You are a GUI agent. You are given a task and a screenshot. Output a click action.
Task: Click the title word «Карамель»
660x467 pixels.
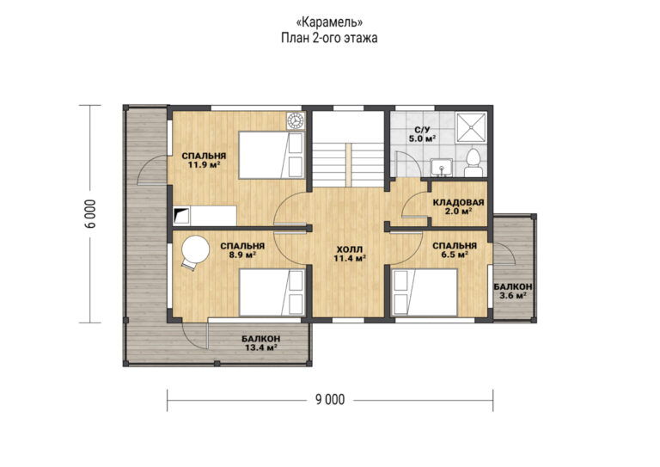pos(329,21)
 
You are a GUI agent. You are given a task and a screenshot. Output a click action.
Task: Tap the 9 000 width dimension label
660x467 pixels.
pos(330,400)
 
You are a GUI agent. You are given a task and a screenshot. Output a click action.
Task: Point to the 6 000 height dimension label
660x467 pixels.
pos(90,213)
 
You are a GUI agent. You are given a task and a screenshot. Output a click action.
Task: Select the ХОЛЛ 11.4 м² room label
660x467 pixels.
pos(349,254)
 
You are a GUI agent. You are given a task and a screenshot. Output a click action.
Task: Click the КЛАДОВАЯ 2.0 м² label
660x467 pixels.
pos(458,206)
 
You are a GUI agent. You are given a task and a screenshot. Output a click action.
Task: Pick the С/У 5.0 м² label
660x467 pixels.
pos(422,133)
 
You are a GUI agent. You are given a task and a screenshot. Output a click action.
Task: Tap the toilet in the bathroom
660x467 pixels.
pos(474,163)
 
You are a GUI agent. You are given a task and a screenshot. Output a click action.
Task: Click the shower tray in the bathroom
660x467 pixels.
pos(472,126)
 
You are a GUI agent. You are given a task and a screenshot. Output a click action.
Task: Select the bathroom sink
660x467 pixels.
pos(442,167)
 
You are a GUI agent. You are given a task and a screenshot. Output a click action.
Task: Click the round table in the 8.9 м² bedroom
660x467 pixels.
pos(196,249)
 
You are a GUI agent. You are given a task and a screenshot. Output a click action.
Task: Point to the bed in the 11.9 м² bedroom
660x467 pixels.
pos(271,156)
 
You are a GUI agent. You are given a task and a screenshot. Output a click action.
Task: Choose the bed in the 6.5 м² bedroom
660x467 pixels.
pos(425,292)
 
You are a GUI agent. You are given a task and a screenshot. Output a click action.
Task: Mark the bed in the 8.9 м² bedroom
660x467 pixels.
pos(272,292)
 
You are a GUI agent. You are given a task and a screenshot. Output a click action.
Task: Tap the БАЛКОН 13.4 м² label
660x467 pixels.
pos(261,343)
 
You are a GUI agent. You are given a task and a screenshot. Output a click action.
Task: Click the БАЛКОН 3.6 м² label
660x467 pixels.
pos(513,291)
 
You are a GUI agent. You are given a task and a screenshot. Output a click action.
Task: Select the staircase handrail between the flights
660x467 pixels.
pos(349,164)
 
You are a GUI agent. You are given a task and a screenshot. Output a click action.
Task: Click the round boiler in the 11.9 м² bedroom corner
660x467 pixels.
pos(296,121)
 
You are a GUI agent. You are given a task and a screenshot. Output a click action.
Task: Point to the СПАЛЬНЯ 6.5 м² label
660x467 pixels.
pos(455,250)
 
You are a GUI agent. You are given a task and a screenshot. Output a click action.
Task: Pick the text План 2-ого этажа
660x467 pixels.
pos(329,38)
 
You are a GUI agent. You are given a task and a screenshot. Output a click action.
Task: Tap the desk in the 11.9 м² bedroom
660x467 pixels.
pos(205,216)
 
